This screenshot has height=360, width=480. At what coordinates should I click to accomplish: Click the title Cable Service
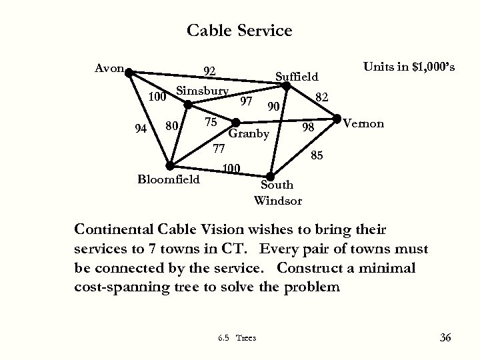pos(239,31)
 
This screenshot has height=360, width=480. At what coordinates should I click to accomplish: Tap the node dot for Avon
pos(129,69)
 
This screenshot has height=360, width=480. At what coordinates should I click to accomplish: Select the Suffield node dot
pos(285,87)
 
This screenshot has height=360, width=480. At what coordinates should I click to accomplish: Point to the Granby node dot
pos(235,122)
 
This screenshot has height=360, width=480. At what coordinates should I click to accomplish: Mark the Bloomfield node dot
pos(170,165)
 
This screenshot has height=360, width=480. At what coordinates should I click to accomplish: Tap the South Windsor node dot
pos(271,175)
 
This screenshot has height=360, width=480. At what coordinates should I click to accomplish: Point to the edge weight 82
pos(322,97)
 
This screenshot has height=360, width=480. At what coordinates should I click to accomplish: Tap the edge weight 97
pos(246,101)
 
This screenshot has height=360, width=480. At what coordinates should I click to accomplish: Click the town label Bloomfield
pos(168,179)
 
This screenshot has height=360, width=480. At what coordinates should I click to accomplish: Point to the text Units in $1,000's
pos(409,67)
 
